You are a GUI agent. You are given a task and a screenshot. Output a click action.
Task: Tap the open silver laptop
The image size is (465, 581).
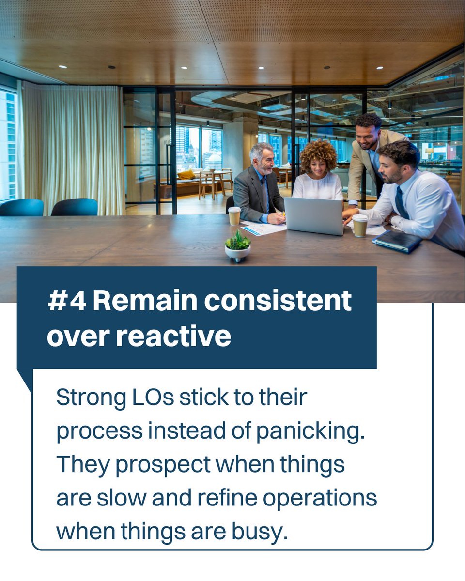pyautogui.click(x=313, y=216)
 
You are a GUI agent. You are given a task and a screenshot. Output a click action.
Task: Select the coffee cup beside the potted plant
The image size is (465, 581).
pyautogui.click(x=234, y=215)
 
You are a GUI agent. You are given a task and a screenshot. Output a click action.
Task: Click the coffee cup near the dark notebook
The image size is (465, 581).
pyautogui.click(x=359, y=225)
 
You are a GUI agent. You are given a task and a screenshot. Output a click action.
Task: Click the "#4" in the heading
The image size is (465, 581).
pyautogui.click(x=67, y=301)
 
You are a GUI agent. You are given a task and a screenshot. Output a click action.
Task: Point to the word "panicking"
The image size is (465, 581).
pyautogui.click(x=310, y=431)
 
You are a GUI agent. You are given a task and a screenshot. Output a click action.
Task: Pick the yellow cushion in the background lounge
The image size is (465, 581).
pyautogui.click(x=186, y=174)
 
